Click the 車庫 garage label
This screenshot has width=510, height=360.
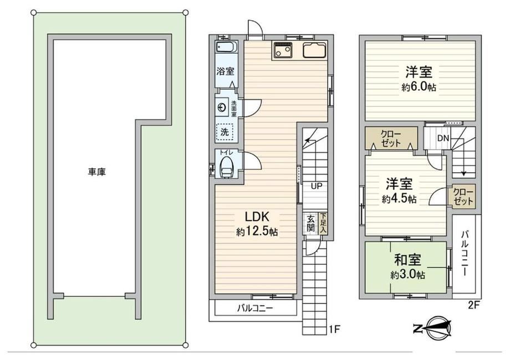[96, 172]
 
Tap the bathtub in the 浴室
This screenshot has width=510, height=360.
[226, 47]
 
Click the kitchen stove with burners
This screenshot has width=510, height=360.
[282, 50]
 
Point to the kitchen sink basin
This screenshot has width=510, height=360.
[314, 50]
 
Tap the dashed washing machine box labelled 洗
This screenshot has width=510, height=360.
[225, 132]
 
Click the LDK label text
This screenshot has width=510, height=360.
[256, 216]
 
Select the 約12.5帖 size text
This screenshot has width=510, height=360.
[257, 232]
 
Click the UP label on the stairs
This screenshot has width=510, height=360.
[317, 186]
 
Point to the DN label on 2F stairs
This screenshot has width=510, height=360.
[443, 138]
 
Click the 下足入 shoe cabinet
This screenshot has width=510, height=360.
[323, 223]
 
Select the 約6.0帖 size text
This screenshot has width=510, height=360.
[419, 87]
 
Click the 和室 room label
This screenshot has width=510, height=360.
[407, 260]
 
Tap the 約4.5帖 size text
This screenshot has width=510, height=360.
[399, 199]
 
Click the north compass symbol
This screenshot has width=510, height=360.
[433, 328]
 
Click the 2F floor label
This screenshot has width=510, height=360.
[473, 305]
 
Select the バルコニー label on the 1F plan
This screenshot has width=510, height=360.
[255, 308]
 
